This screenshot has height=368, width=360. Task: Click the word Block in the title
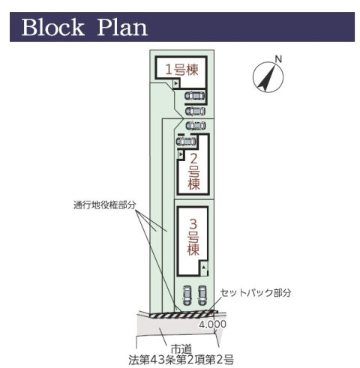53,27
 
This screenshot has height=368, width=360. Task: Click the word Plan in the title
122,27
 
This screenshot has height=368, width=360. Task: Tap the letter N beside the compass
278,59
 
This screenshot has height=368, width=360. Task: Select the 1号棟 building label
182,70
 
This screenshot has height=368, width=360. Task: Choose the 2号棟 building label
193,172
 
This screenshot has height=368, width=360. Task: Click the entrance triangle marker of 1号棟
176,83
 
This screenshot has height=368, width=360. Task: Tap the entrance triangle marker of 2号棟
181,154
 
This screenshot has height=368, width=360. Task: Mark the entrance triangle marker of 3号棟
204,268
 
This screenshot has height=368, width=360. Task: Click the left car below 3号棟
187,295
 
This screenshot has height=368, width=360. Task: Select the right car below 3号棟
202,295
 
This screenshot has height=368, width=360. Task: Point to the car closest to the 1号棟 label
195,95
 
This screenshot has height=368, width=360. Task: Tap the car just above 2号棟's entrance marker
186,142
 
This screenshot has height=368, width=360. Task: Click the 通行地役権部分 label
105,205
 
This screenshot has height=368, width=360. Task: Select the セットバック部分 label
256,292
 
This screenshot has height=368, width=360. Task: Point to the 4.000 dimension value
212,324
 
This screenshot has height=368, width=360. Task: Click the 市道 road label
181,349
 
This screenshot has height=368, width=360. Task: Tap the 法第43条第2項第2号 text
181,360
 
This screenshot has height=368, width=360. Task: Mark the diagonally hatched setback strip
182,314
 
